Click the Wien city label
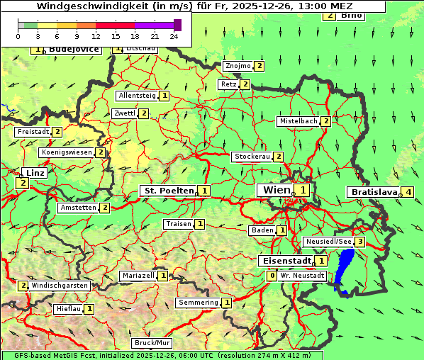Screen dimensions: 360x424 click(277, 190)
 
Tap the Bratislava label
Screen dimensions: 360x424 click(374, 192)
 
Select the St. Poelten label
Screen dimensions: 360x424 click(168, 190)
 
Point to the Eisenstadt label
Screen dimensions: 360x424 click(285, 260)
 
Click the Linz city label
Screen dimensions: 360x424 click(33, 173)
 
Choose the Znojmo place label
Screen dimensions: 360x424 click(238, 66)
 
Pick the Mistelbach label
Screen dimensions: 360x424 click(298, 121)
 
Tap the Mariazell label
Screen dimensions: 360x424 click(138, 275)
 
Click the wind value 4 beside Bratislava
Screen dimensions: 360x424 click(408, 192)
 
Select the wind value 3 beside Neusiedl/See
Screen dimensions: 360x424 click(360, 242)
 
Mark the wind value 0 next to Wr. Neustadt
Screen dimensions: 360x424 click(272, 275)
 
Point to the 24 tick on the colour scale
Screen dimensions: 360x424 click(174, 35)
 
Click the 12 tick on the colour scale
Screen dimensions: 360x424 click(96, 35)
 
